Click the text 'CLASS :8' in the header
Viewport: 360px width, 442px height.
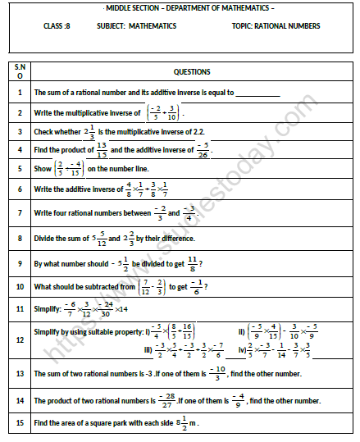(61, 26)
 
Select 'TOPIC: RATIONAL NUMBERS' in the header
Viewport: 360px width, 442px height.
(276, 26)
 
